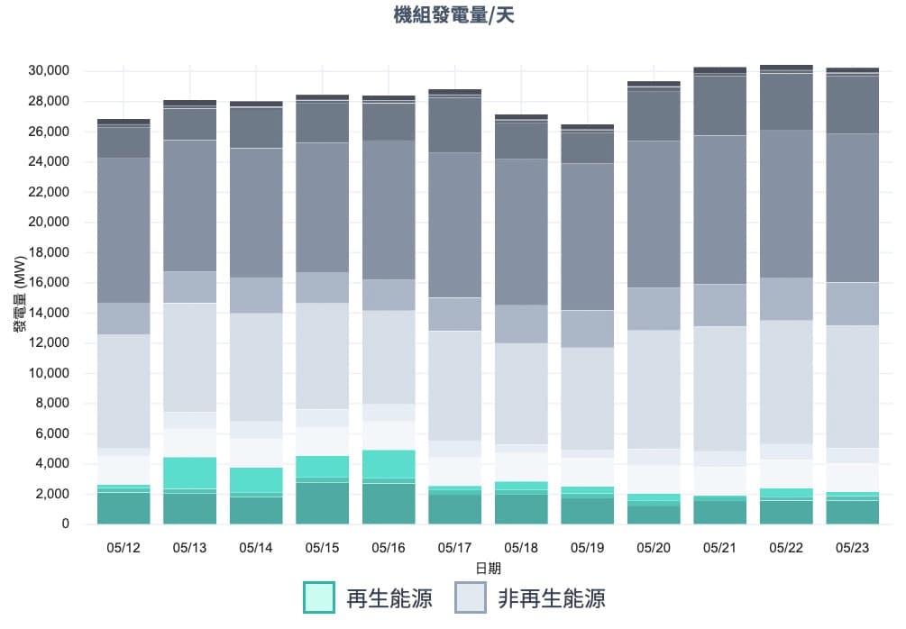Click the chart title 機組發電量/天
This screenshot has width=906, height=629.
pos(453,16)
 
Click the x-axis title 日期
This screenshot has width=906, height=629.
pos(488,569)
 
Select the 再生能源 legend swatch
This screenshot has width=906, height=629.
pos(319,597)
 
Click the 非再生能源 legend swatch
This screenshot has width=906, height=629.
pos(471,597)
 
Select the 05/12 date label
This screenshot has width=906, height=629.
pos(123,547)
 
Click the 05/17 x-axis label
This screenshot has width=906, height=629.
pos(455,547)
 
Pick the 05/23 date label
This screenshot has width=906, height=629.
pos(854,547)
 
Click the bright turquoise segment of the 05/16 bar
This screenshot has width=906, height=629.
pos(389,463)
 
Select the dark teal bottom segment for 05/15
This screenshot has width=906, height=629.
pos(322,503)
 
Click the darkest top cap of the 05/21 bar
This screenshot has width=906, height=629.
pos(720,69)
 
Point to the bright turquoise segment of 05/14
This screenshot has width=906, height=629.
pos(256,480)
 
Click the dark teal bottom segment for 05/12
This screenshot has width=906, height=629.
pos(123,508)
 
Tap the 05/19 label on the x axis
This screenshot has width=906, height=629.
pos(588,547)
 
